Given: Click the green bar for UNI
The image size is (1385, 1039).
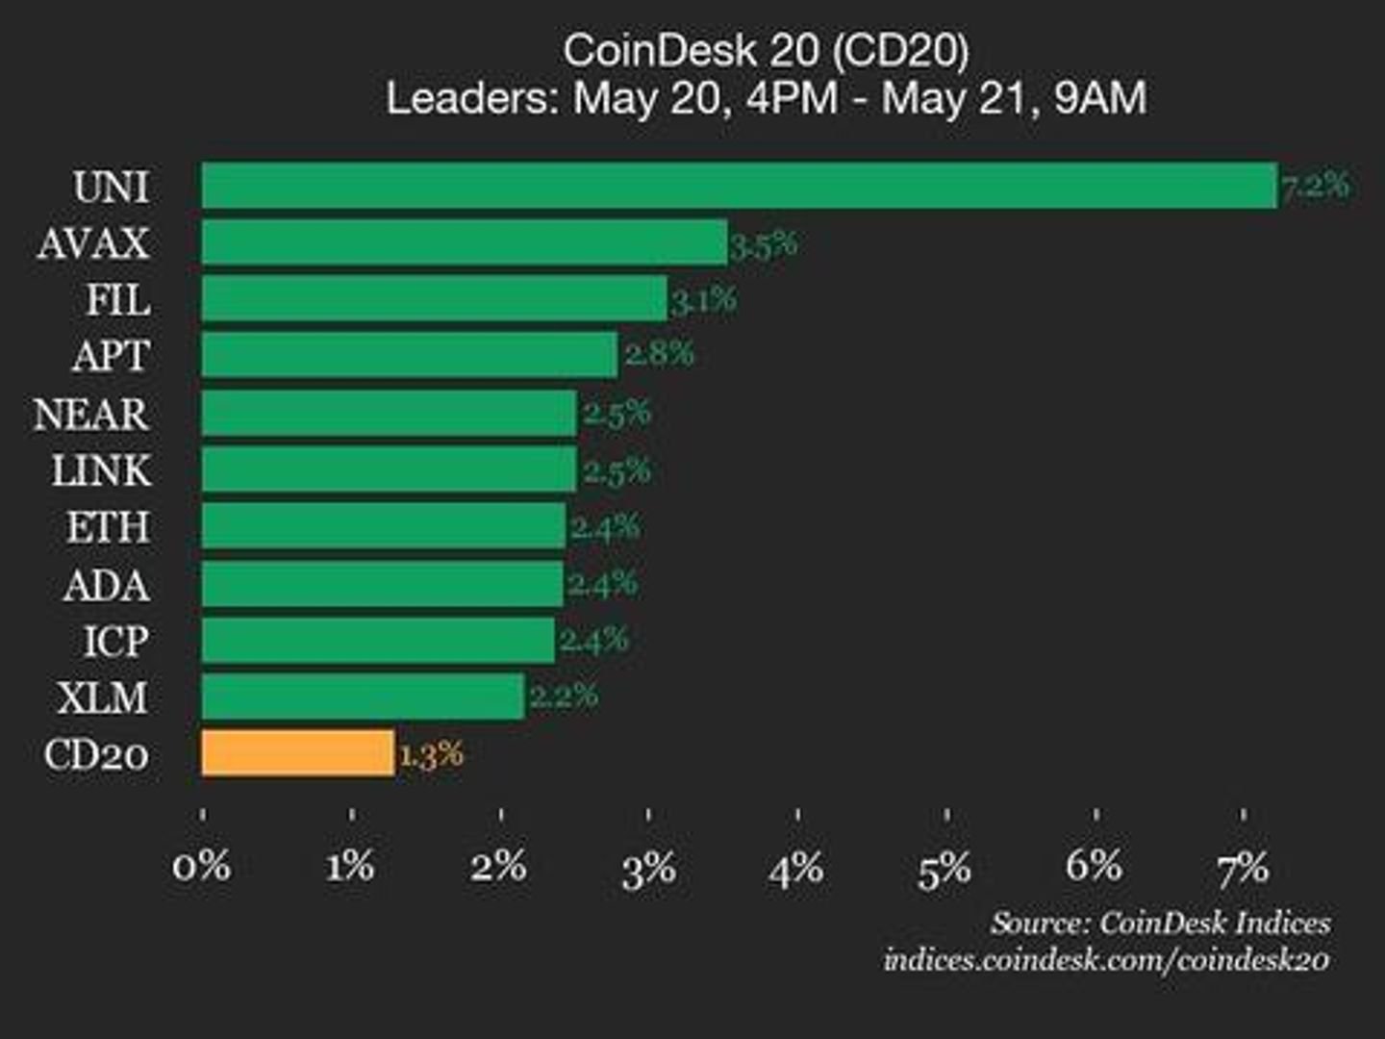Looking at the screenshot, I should (739, 186).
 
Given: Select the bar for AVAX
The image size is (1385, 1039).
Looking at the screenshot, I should (464, 242).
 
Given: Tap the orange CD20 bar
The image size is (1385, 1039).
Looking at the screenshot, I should (297, 753).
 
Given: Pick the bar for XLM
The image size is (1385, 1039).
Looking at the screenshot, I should (363, 697).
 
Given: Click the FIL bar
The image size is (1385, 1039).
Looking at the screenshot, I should (434, 299).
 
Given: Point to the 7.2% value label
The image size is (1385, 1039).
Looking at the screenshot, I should (1315, 185).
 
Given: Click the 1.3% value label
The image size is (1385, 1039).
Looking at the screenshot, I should (431, 754).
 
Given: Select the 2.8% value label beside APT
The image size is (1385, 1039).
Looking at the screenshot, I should (659, 354).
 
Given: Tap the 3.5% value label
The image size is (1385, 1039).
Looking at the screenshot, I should (764, 244).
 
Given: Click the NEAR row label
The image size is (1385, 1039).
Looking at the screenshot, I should (91, 415).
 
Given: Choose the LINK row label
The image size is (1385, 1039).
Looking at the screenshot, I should (101, 471).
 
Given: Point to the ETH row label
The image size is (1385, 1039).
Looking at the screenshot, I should (108, 528).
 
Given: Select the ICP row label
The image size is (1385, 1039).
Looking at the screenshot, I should (115, 642).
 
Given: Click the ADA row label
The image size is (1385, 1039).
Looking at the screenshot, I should (107, 585).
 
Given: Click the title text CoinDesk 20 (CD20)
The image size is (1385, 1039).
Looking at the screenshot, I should (766, 51).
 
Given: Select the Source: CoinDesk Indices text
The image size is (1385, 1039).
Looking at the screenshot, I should (1161, 923).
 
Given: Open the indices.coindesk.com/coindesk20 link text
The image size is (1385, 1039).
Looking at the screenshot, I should (1107, 959).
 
